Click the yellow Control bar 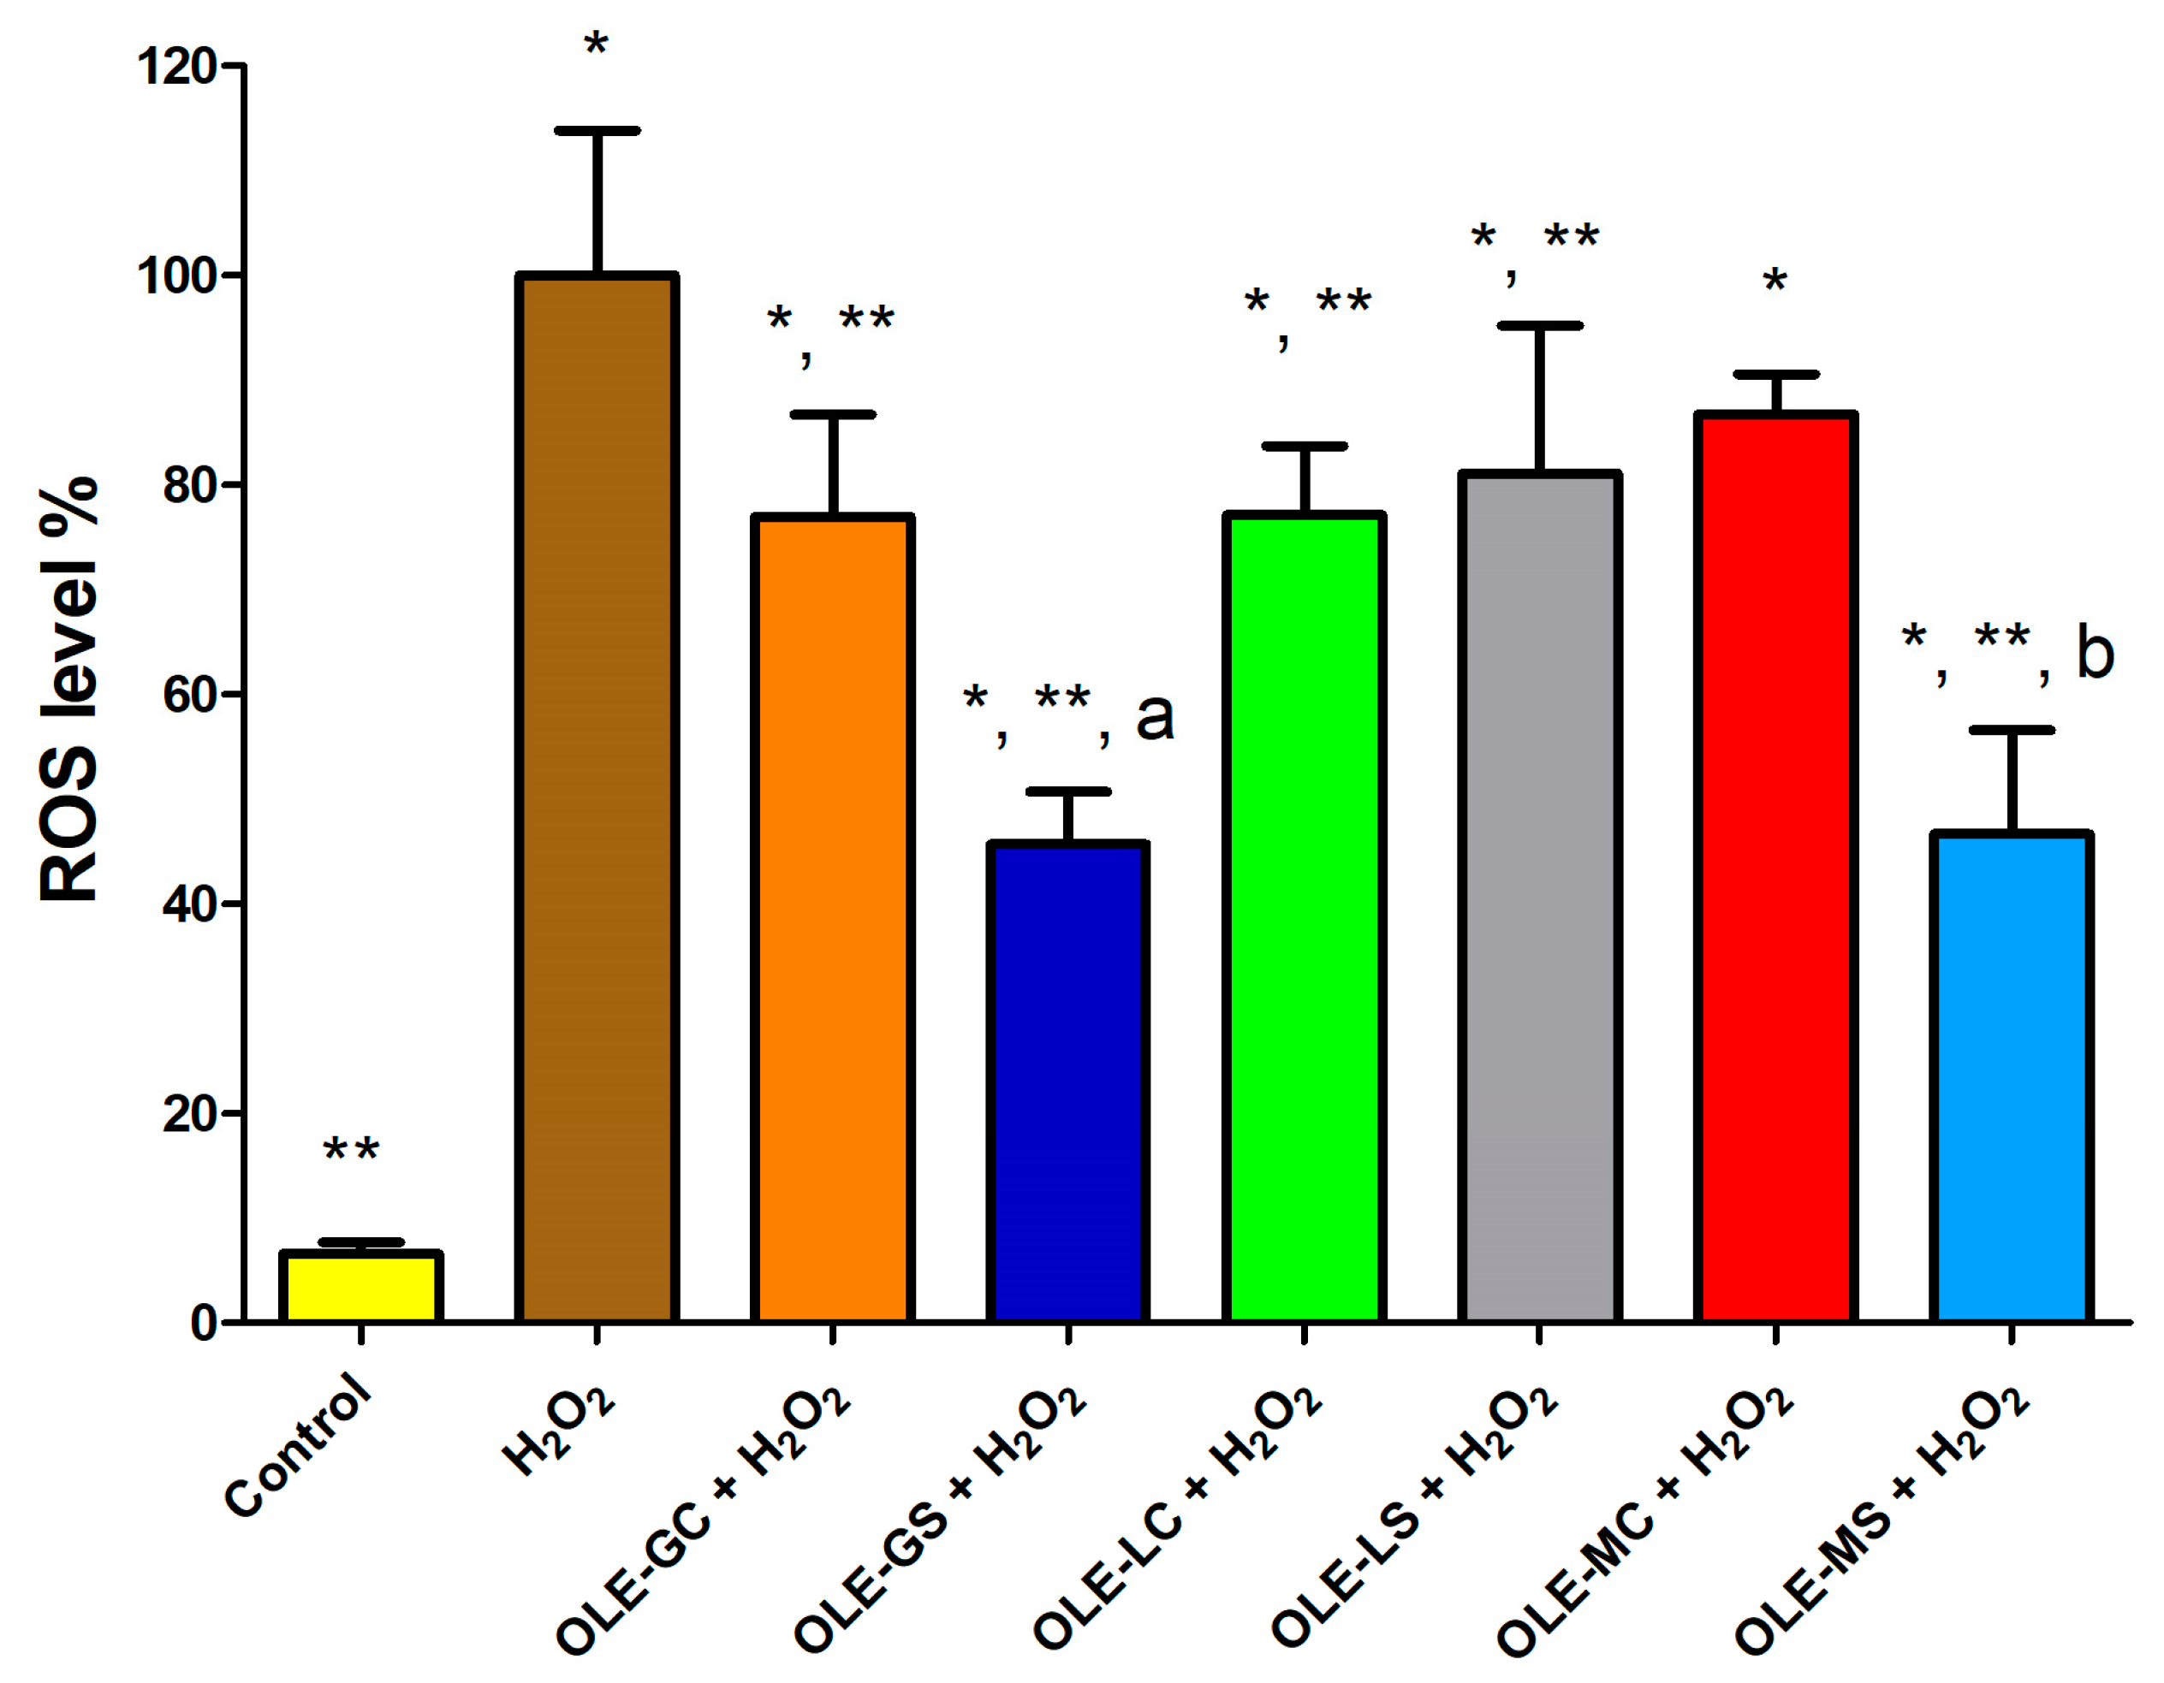coord(360,1288)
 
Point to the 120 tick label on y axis coord(176,68)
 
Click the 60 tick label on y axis coord(189,696)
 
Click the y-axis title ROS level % coord(69,689)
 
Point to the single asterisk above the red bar coord(1775,281)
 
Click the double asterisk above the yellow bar coord(351,1151)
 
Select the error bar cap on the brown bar coord(597,131)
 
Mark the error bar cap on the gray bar coord(1539,325)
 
